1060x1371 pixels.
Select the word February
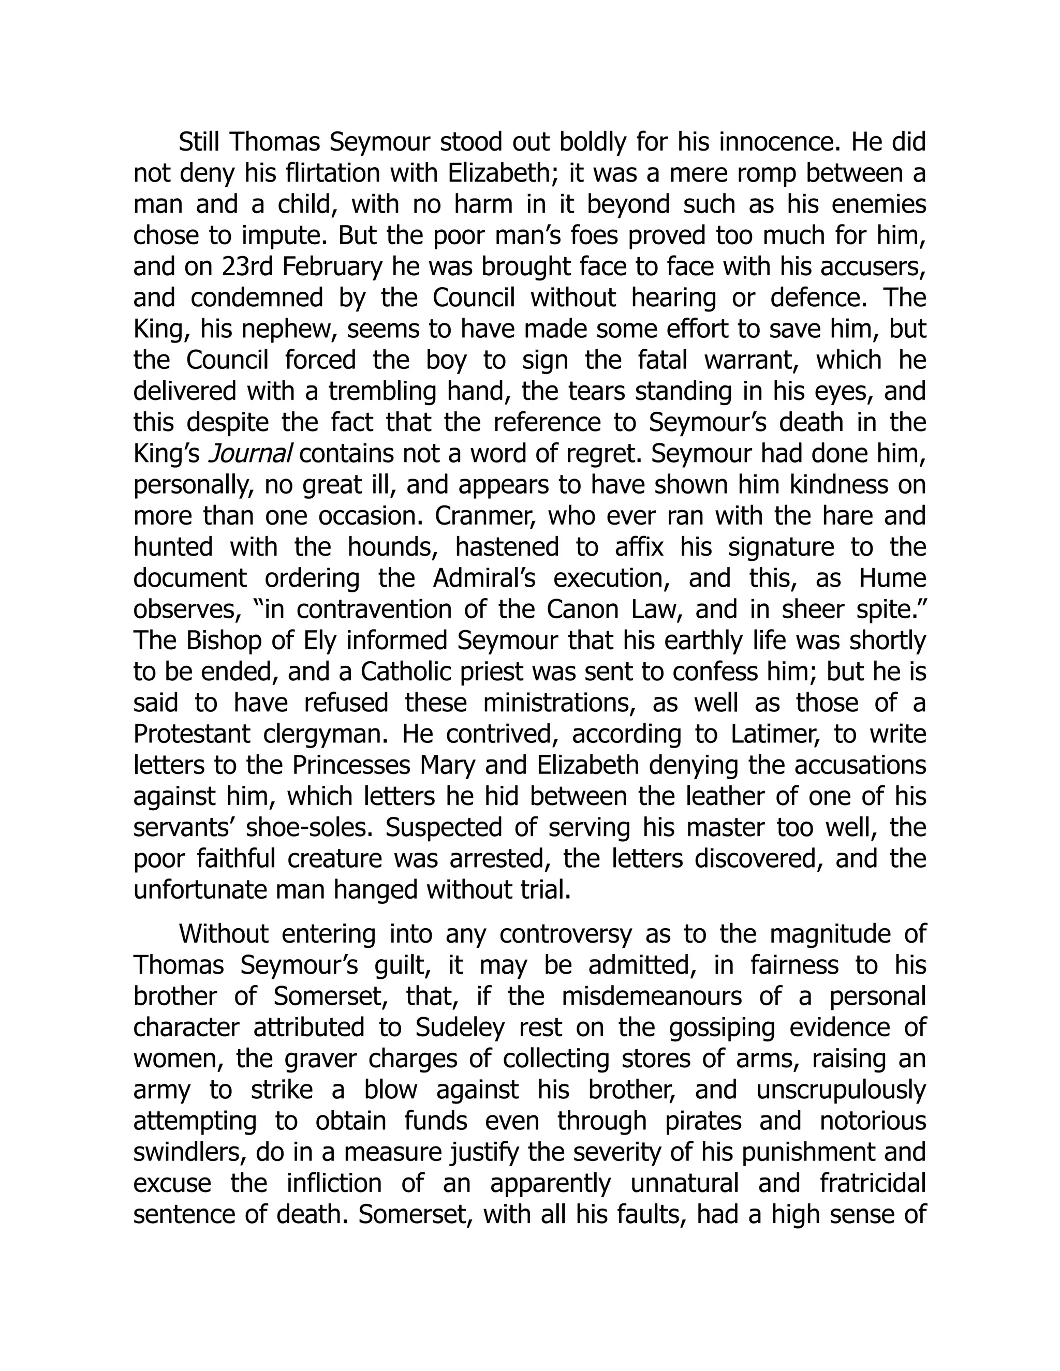pos(332,267)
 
